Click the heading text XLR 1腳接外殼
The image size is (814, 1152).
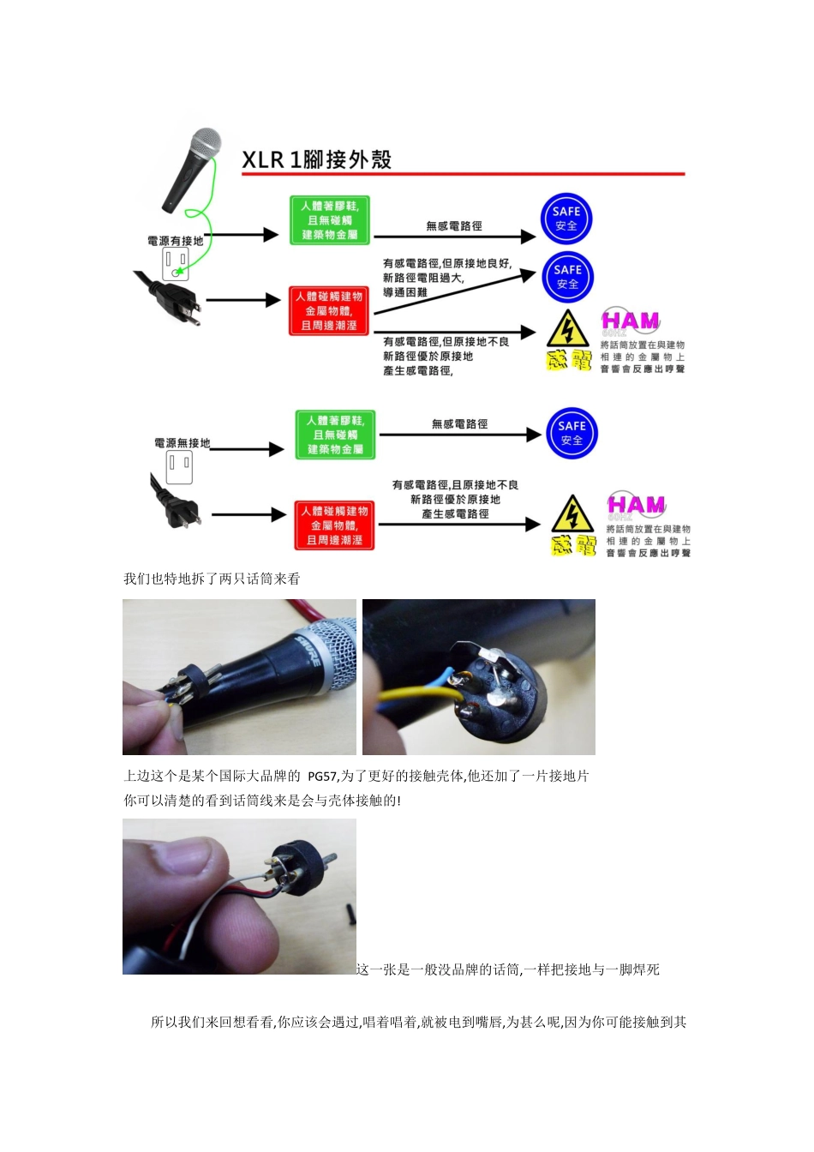click(316, 159)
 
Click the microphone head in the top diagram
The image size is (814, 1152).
click(205, 143)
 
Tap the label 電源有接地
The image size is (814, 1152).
click(175, 241)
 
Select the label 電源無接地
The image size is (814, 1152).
click(182, 443)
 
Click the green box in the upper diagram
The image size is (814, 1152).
click(330, 220)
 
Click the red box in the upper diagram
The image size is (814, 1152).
click(329, 311)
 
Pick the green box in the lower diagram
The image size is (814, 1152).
click(335, 435)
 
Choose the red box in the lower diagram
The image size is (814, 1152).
click(334, 525)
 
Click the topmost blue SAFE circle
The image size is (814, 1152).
click(566, 219)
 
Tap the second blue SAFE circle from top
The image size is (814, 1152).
click(567, 277)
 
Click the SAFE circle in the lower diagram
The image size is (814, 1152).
click(572, 433)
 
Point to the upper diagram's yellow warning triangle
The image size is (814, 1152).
click(567, 330)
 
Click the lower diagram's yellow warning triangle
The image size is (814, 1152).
click(572, 514)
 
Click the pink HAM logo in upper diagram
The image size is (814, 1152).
click(630, 321)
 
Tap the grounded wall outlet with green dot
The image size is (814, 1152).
click(177, 265)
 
